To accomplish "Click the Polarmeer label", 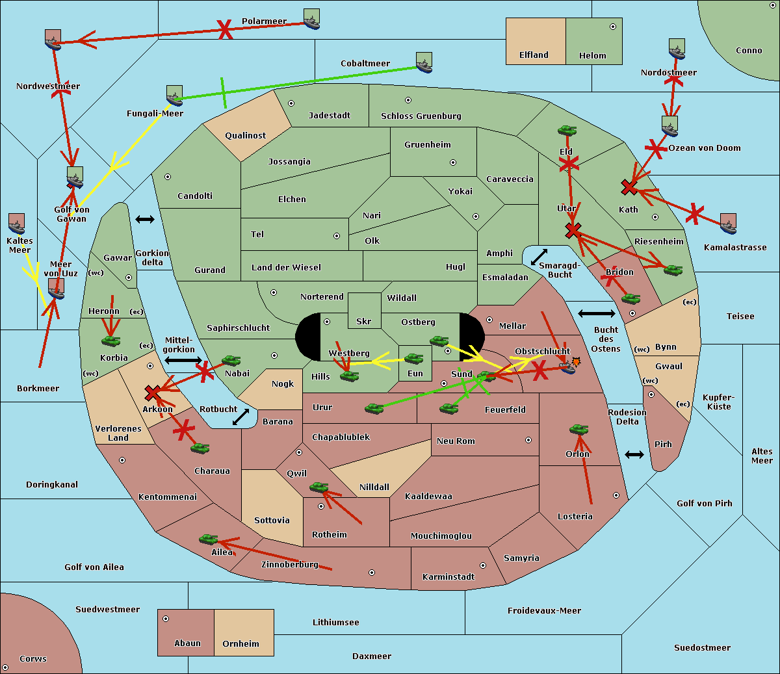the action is [x=264, y=21].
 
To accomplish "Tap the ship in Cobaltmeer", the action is [x=424, y=62].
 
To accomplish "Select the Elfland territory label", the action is [x=534, y=55].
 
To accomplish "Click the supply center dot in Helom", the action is [x=613, y=27].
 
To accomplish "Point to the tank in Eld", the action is [x=567, y=131].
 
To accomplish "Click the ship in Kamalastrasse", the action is [x=728, y=224].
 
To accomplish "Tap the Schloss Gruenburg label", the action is [x=421, y=116].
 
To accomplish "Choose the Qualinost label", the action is [x=245, y=135].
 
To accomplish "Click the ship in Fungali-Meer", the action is [x=174, y=96].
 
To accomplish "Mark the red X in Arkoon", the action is [x=153, y=393].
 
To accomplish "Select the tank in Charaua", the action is [x=200, y=448].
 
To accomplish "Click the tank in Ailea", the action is [x=208, y=539].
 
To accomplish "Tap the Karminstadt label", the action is [x=448, y=577].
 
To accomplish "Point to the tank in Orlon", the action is [x=578, y=430].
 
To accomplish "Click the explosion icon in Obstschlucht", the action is [x=576, y=362].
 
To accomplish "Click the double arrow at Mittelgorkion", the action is [x=183, y=360].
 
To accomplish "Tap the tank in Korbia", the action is [x=111, y=341].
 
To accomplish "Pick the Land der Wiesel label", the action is [x=286, y=268].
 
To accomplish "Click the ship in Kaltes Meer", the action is [x=17, y=224].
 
